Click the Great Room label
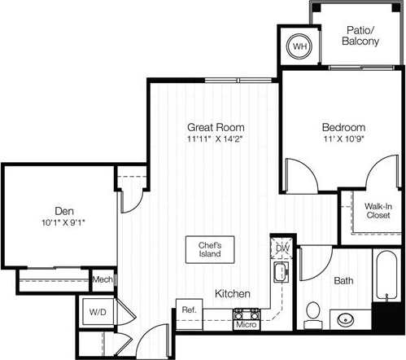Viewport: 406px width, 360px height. [x=216, y=128]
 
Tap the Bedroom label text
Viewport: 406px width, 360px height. [x=343, y=128]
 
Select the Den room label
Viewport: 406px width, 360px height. [x=55, y=209]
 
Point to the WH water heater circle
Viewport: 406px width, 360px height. [x=300, y=47]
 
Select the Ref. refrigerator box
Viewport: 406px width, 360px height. [x=189, y=310]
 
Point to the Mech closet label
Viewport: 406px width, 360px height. [x=103, y=279]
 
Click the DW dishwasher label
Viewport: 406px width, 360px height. [x=282, y=248]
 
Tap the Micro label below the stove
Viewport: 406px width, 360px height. [x=247, y=325]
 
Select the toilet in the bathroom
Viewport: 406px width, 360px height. [x=313, y=314]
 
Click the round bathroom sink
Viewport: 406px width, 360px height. [x=347, y=319]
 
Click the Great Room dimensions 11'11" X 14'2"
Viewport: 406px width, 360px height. [x=216, y=140]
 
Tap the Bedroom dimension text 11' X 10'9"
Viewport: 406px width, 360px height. [x=343, y=140]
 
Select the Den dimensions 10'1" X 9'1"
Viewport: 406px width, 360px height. [x=55, y=222]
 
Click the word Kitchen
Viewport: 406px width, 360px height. [x=232, y=293]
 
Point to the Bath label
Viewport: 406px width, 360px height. [x=343, y=281]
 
